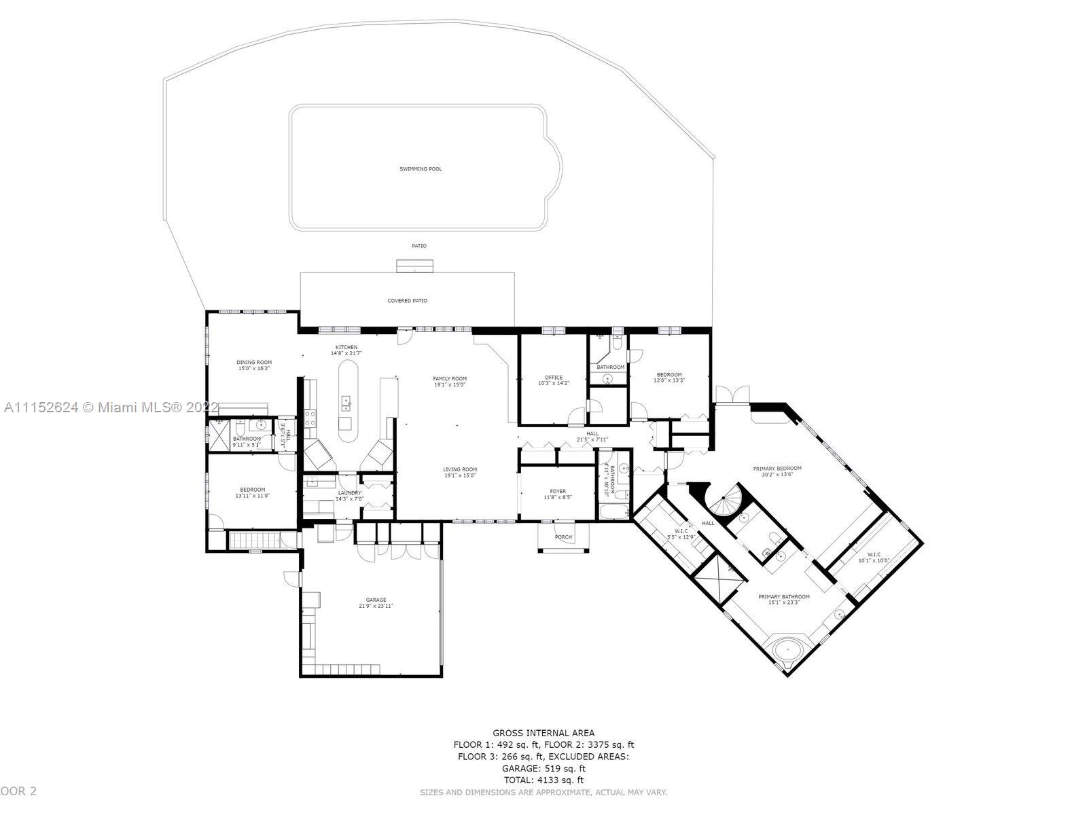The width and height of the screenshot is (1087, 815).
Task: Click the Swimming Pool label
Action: [421, 168]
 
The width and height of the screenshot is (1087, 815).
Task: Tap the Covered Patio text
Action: [407, 300]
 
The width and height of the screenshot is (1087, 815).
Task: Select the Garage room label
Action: [376, 600]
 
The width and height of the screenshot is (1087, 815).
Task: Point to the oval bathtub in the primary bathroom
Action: [789, 650]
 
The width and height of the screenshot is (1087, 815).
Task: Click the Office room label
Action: [554, 378]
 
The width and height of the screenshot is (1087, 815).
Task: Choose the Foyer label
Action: [557, 491]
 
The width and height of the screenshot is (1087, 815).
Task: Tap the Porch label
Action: [563, 537]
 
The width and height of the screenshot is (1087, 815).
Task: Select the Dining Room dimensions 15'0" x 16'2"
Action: [254, 369]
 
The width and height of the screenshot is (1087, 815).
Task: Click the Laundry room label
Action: [349, 493]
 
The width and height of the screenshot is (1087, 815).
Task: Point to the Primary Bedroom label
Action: [777, 469]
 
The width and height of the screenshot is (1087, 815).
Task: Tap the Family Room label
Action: [450, 378]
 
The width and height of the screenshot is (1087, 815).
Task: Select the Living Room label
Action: [460, 469]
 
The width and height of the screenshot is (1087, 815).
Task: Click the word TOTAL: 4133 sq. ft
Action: [543, 780]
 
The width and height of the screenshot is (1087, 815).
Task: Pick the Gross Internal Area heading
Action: [543, 733]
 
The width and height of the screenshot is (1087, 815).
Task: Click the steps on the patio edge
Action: [415, 266]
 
